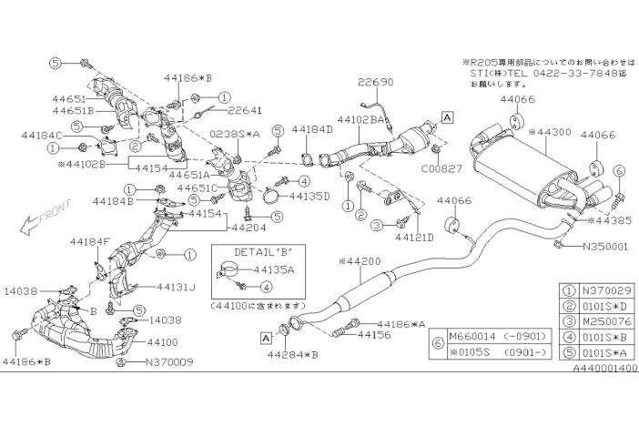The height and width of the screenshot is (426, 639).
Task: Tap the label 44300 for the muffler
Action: (553, 132)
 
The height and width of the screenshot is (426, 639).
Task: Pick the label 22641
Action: (245, 110)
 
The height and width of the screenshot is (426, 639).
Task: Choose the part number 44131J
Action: (176, 286)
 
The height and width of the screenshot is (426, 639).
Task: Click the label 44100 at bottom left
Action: (162, 343)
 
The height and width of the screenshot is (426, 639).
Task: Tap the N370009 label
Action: (164, 361)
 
